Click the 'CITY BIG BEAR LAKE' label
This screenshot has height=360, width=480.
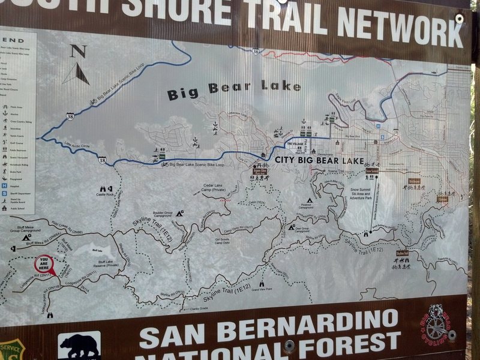(x=319, y=161)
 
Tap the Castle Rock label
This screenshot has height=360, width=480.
(x=105, y=194)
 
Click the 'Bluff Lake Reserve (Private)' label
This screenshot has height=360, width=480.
(x=105, y=265)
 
